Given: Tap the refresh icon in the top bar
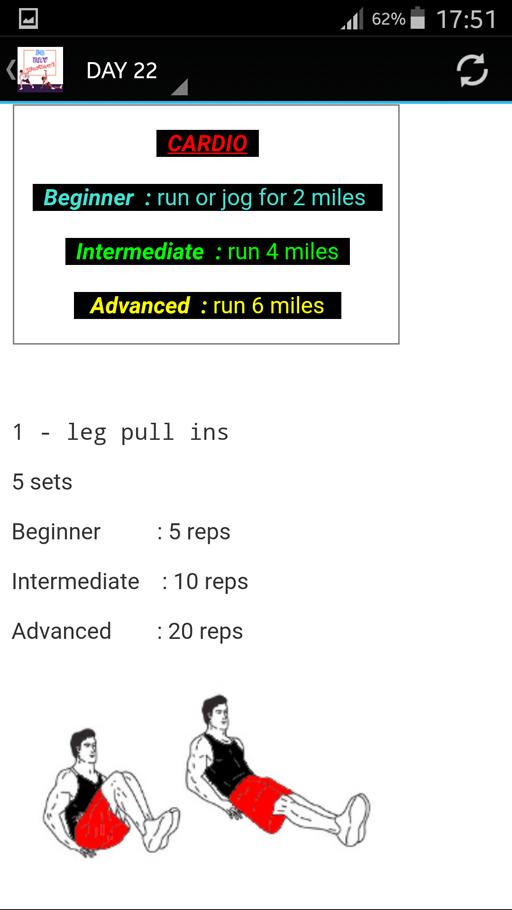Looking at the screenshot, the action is (472, 71).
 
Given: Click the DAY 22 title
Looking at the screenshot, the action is (122, 71).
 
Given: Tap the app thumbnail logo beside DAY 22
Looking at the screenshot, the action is (40, 69).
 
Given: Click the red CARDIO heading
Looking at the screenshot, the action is (207, 143).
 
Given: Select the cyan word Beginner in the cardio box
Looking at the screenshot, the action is (89, 198).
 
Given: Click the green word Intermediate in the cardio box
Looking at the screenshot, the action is (140, 252).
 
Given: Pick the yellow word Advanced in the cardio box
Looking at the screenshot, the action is (140, 305).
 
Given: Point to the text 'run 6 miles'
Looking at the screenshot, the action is (269, 305).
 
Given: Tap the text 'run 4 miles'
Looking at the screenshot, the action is (283, 252).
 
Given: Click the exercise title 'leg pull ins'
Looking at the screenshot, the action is (147, 433).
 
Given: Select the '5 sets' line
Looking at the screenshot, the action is (42, 482).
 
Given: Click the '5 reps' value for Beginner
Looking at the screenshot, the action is (200, 532).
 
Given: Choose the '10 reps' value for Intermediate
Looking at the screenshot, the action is (211, 582).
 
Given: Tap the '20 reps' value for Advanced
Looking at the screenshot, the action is (205, 631).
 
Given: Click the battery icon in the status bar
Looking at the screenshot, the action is (417, 19).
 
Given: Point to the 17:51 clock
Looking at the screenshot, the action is (466, 19).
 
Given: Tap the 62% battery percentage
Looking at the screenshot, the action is (388, 19).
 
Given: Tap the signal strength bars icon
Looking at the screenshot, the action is (352, 20).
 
